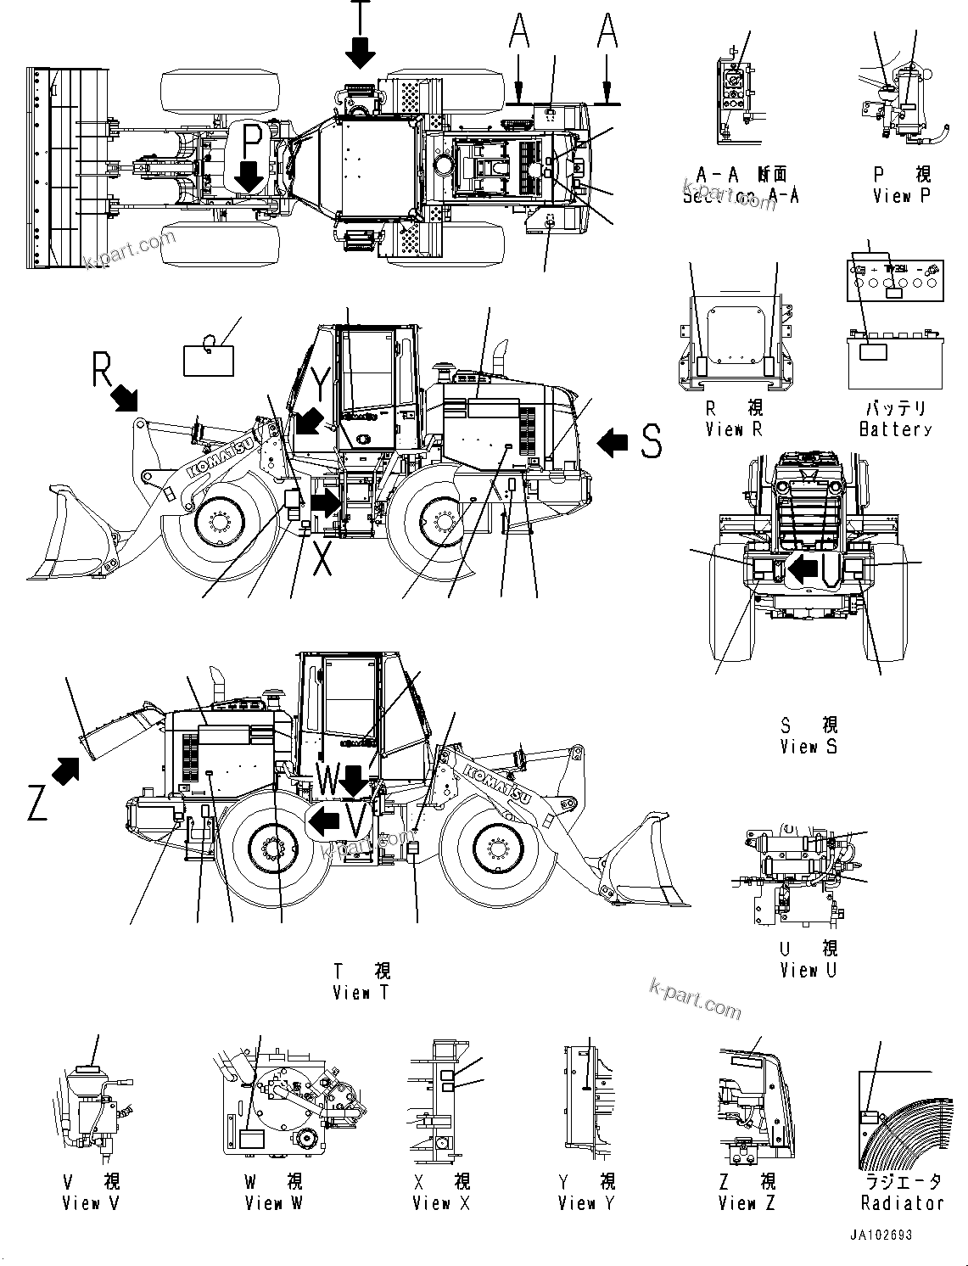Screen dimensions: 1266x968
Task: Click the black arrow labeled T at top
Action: tap(361, 53)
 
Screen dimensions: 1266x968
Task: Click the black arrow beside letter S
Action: tap(613, 441)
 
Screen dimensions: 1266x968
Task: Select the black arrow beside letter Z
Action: tap(65, 770)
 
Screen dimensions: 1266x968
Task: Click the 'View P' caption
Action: tap(903, 196)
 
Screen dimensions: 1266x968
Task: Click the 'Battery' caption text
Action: tap(895, 429)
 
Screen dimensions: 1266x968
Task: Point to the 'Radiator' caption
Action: tap(902, 1202)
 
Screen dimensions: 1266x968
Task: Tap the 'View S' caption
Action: tap(809, 747)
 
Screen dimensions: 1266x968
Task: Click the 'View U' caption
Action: tap(809, 970)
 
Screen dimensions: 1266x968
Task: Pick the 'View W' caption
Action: tap(274, 1202)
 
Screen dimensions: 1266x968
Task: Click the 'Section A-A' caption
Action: tap(741, 196)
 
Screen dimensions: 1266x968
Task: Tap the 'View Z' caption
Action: tap(747, 1202)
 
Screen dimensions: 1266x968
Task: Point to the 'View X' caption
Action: tap(441, 1202)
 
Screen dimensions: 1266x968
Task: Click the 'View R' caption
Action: tap(734, 429)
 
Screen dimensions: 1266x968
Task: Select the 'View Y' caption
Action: tap(586, 1202)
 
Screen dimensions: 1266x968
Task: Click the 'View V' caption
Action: tap(92, 1202)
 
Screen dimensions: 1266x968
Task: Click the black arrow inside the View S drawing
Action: tap(800, 569)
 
